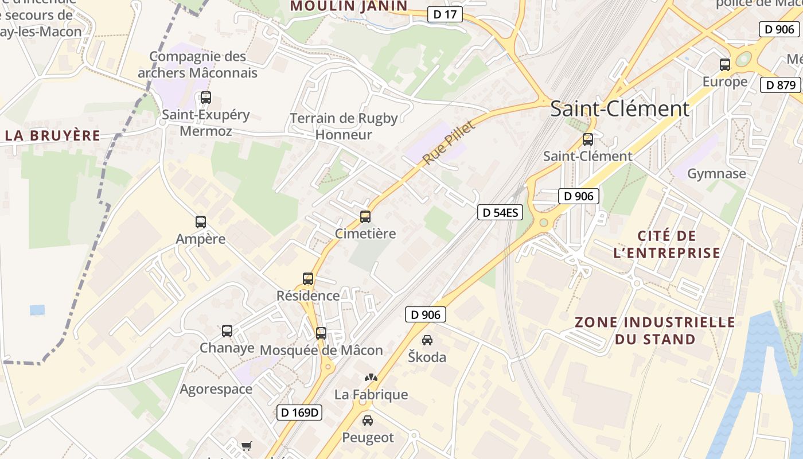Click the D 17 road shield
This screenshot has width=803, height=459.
[x=445, y=14]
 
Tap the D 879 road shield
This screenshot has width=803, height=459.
[x=780, y=85]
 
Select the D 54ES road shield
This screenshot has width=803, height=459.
[x=500, y=213]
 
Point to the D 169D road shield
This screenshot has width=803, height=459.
[x=299, y=412]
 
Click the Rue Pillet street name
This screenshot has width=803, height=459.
[x=449, y=143]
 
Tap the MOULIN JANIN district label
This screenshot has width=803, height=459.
[x=349, y=6]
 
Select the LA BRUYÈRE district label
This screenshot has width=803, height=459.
[x=52, y=136]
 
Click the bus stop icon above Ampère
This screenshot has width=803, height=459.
[x=200, y=222]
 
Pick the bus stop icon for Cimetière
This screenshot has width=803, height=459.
[x=365, y=217]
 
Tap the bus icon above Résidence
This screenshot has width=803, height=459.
[x=308, y=279]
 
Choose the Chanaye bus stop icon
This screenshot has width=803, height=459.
[x=227, y=331]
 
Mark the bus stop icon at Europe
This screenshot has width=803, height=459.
[x=725, y=65]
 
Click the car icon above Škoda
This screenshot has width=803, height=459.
[x=427, y=340]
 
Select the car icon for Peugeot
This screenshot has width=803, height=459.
[x=368, y=421]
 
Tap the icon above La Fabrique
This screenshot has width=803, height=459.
[x=372, y=378]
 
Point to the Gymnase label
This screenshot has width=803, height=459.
[x=716, y=173]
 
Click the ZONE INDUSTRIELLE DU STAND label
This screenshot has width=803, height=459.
[x=654, y=330]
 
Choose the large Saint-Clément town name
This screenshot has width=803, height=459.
[x=619, y=108]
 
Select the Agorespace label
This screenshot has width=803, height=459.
[x=216, y=389]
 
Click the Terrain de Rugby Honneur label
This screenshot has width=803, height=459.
[x=344, y=126]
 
